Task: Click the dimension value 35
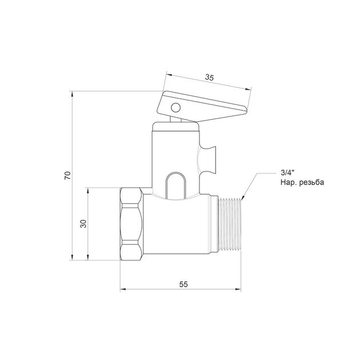[209, 78]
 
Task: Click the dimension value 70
[68, 175]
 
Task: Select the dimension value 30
[83, 224]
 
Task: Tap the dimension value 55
[183, 285]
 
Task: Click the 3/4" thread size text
[287, 172]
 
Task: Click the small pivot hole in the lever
[175, 107]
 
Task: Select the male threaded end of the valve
[230, 224]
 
